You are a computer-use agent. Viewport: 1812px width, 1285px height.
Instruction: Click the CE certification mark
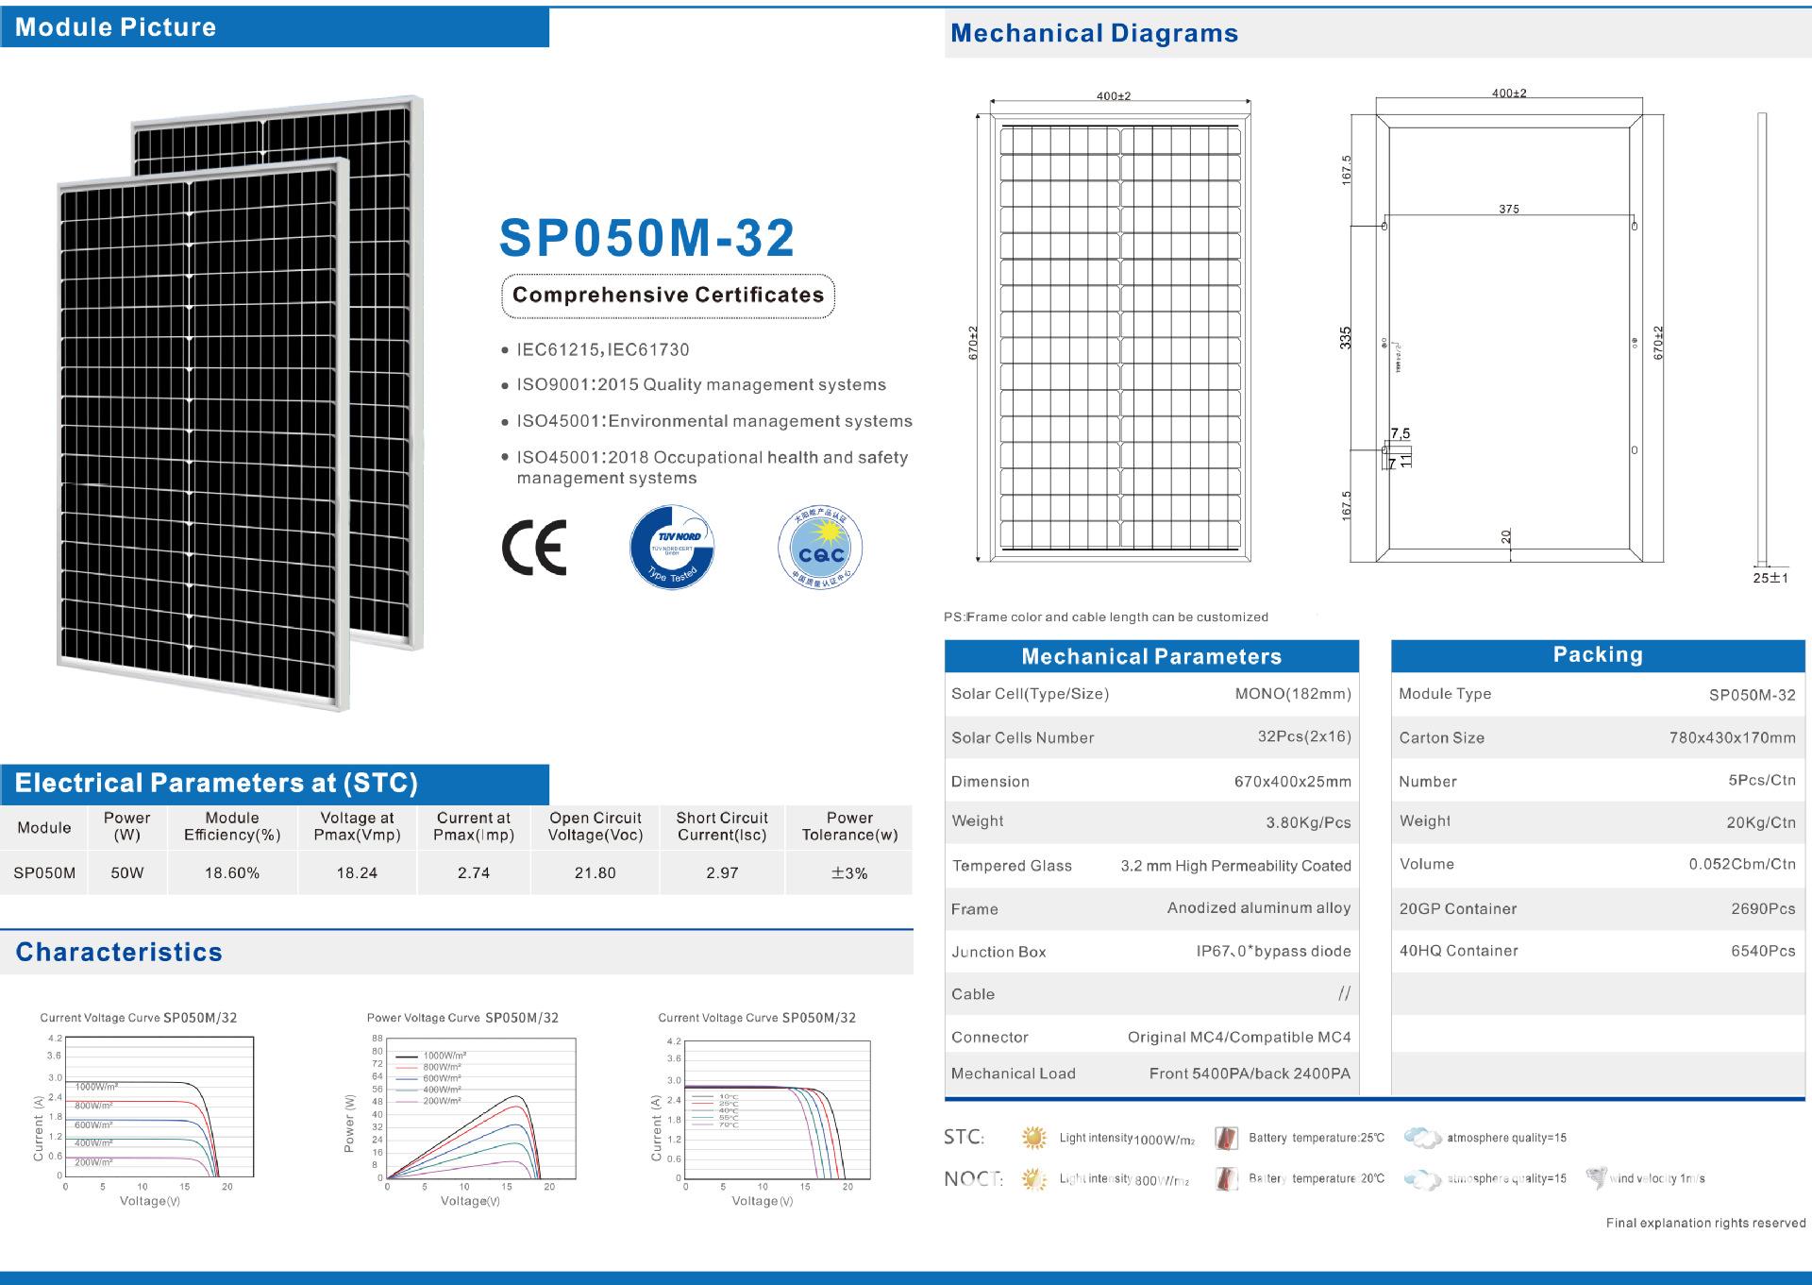(534, 547)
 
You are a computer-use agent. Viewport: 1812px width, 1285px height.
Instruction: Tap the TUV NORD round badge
(672, 547)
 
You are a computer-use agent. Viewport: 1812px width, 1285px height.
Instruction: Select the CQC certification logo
(820, 547)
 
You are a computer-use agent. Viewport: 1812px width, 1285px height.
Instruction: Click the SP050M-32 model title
(646, 238)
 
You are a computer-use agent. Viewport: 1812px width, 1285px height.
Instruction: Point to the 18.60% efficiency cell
(232, 873)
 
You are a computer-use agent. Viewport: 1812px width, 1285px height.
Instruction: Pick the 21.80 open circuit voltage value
(596, 873)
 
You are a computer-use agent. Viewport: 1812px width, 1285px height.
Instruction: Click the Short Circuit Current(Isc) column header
(722, 826)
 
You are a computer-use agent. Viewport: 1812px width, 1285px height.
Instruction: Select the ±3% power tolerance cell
(849, 873)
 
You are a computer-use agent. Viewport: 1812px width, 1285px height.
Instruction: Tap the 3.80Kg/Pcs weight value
(1308, 822)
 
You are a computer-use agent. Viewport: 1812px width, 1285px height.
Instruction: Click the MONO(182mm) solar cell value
(1293, 694)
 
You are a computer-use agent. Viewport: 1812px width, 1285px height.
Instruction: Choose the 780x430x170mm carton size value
(1732, 738)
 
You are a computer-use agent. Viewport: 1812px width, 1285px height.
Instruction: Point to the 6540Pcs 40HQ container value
(1763, 952)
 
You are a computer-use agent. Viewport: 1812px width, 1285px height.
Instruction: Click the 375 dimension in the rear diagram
(1509, 209)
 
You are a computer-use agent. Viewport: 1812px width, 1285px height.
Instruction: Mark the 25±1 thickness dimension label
(1770, 578)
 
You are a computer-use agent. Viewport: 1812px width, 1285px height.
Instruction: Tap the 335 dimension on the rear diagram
(1346, 338)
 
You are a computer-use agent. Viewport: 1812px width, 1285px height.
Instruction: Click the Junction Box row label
(998, 952)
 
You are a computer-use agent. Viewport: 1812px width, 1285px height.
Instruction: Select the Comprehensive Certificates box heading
(668, 296)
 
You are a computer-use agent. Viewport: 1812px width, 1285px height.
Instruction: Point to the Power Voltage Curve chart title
(462, 1018)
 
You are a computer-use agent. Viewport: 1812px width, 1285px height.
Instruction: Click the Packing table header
(1598, 655)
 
